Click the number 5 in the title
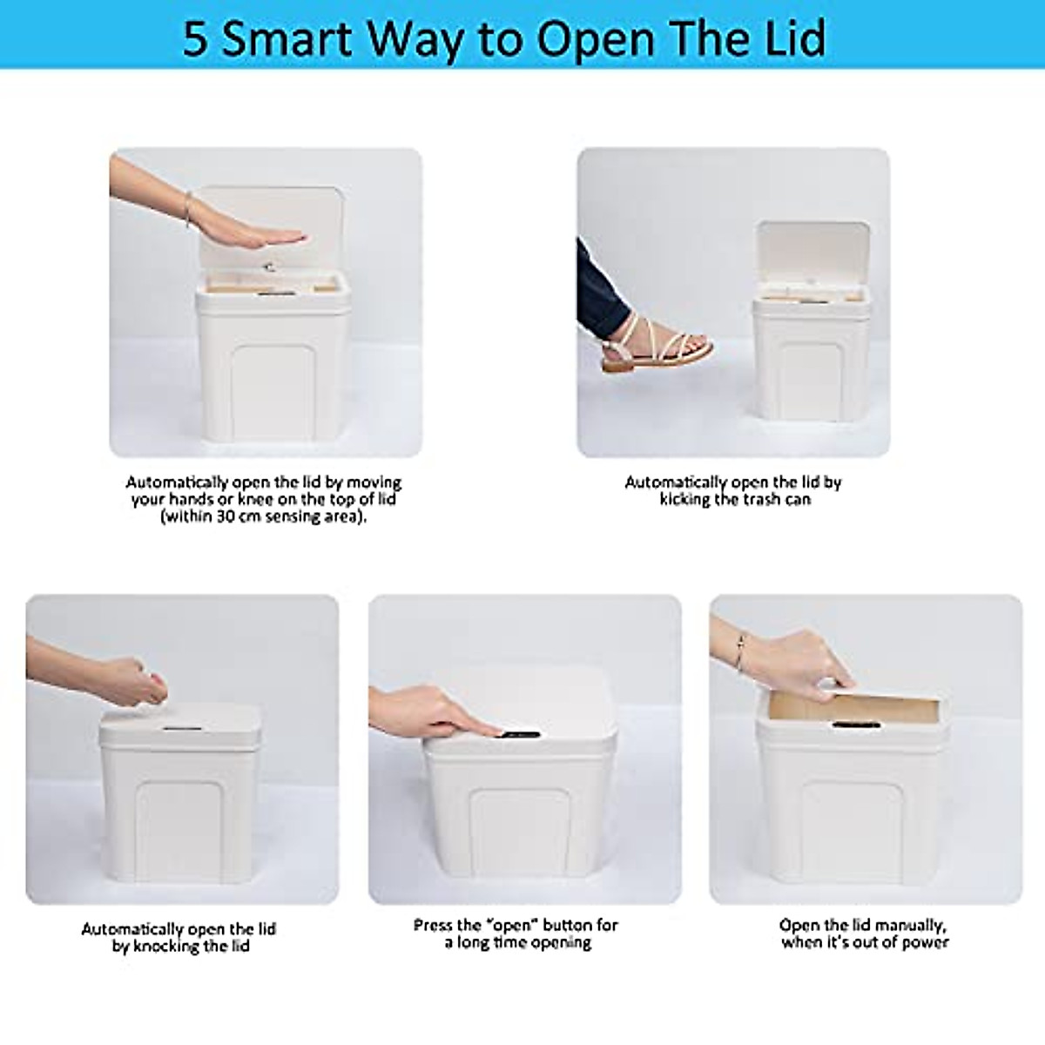pyautogui.click(x=196, y=38)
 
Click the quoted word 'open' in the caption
pyautogui.click(x=512, y=926)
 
